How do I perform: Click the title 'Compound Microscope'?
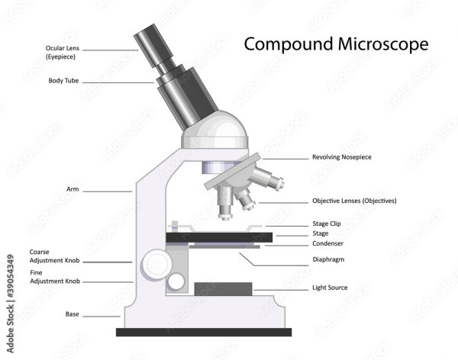336,44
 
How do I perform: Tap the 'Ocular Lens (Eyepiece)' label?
63,53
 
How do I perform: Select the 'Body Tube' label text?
63,81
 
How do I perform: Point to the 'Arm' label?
73,189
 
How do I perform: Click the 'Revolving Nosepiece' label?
342,157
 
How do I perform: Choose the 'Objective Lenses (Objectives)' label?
354,201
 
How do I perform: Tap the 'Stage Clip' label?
327,223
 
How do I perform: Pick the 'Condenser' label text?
327,243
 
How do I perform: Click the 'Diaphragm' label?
328,259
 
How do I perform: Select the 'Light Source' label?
330,288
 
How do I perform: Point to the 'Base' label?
73,314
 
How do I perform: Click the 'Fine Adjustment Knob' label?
55,277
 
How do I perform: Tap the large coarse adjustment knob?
156,265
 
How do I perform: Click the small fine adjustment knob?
176,281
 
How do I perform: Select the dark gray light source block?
223,289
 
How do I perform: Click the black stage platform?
219,237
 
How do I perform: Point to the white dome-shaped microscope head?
214,130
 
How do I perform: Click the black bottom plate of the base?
204,333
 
